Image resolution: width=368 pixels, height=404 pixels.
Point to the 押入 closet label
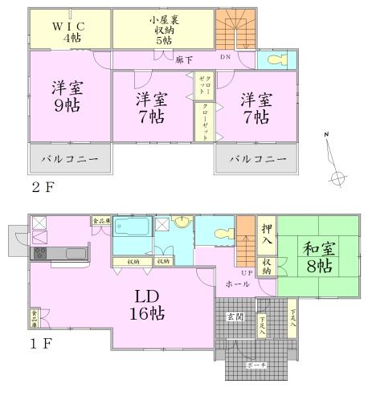[x=267, y=234]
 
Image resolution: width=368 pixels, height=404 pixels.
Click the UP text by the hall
[x=246, y=272]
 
